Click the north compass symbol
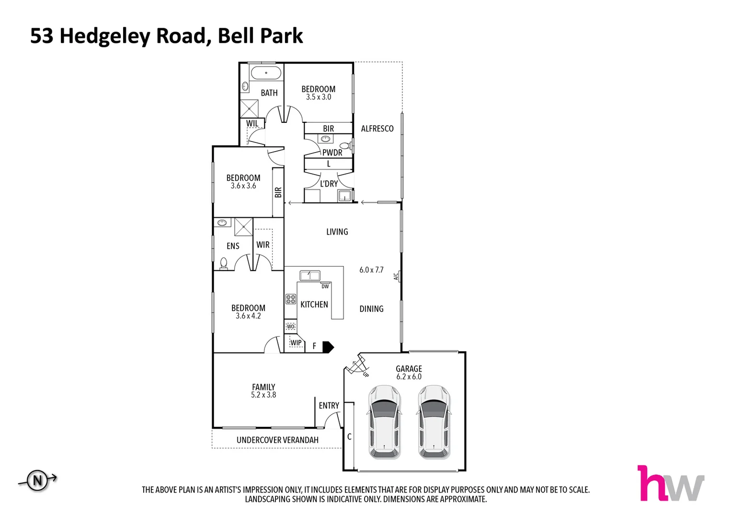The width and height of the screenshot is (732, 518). click(x=37, y=480)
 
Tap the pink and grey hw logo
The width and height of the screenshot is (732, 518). click(x=670, y=483)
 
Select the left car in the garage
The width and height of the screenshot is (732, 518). click(x=384, y=421)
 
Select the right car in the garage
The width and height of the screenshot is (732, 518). click(x=434, y=421)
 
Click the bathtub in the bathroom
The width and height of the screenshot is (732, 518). click(x=266, y=74)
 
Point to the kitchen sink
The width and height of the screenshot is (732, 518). click(x=310, y=276)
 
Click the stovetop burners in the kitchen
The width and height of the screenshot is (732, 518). click(x=290, y=299)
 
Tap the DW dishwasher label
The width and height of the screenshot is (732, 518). click(x=325, y=286)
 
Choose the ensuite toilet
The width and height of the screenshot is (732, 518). click(x=223, y=263)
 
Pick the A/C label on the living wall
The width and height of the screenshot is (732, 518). click(x=396, y=276)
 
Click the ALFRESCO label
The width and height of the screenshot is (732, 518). click(x=377, y=129)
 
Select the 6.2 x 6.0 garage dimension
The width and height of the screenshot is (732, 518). click(x=409, y=377)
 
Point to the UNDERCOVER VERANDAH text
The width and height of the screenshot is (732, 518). click(x=277, y=440)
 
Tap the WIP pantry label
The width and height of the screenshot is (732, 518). click(x=296, y=343)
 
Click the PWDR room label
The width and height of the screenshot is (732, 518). click(x=332, y=153)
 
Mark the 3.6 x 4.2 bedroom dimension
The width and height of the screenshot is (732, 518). click(x=248, y=316)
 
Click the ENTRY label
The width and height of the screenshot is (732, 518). click(x=329, y=406)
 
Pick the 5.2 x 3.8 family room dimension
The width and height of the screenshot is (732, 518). click(x=263, y=395)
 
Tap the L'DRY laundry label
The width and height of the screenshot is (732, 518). click(x=329, y=184)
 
